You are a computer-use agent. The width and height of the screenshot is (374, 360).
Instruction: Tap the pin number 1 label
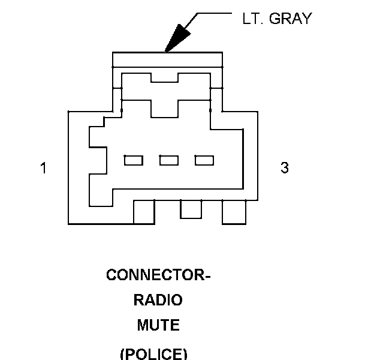point(43,168)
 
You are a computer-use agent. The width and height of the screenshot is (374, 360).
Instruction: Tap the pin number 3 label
point(285,168)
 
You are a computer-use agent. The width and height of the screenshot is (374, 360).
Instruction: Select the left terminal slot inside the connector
point(133,160)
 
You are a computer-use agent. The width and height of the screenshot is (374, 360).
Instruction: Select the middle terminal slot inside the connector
point(169,160)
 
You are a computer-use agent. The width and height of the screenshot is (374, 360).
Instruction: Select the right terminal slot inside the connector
point(204,160)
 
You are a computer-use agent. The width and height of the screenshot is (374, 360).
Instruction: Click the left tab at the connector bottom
point(144,212)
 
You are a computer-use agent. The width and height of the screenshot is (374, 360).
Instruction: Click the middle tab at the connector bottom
point(191,209)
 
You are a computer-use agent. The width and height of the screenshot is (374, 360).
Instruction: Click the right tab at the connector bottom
point(234,212)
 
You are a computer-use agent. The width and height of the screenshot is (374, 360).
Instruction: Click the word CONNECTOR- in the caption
point(159,275)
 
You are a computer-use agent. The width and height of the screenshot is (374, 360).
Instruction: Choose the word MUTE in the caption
point(158,326)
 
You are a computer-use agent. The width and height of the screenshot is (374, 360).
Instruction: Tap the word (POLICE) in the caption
point(154,353)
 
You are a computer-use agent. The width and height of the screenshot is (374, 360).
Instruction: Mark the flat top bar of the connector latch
point(168,59)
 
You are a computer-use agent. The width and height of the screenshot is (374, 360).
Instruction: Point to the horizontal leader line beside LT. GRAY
point(213,12)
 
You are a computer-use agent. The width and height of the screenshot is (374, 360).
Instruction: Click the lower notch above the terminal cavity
point(164,109)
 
